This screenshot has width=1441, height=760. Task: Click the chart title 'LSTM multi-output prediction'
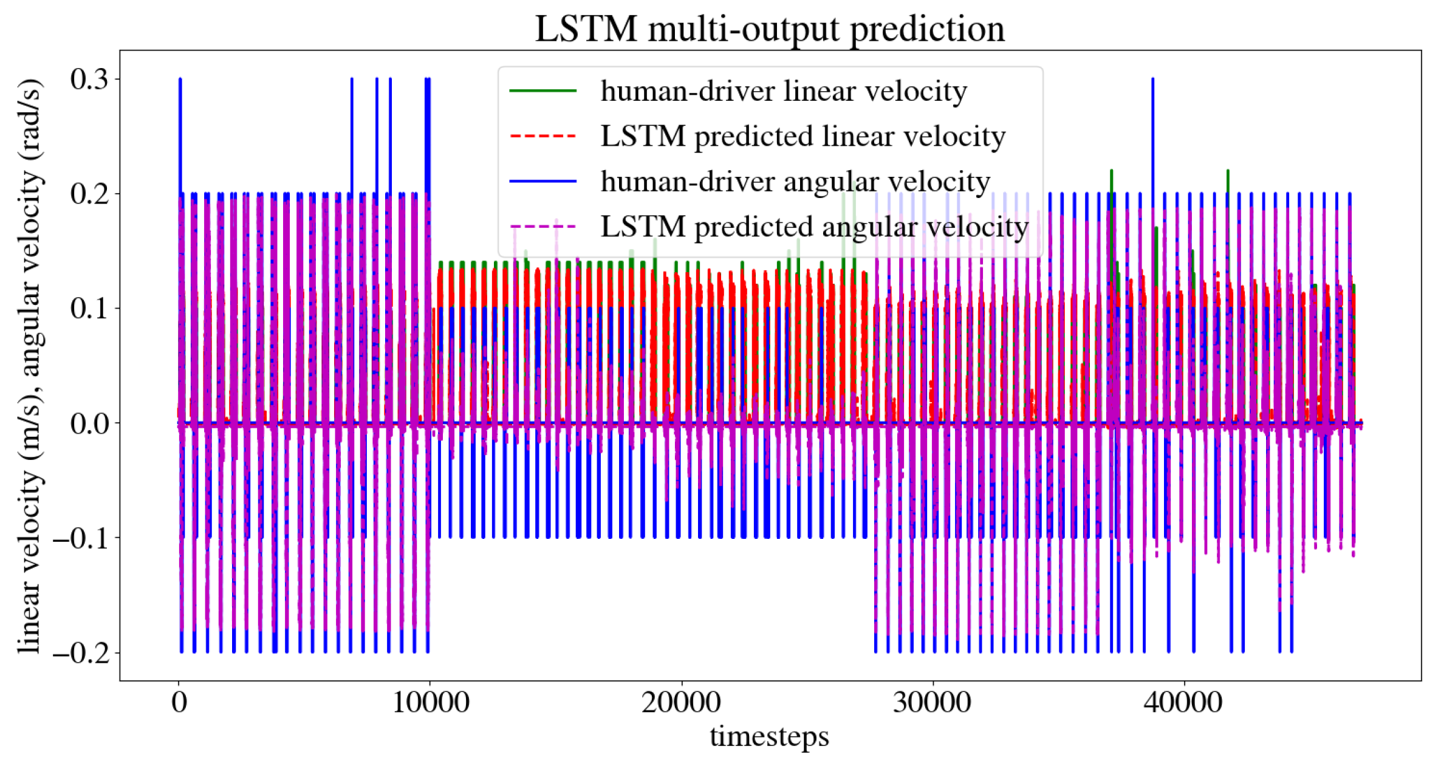pos(769,29)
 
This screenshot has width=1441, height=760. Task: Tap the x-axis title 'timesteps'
pos(769,736)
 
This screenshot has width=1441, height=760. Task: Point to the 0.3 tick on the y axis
pos(89,79)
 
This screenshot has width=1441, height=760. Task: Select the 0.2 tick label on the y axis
pos(89,194)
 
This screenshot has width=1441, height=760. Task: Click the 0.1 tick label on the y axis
pos(89,308)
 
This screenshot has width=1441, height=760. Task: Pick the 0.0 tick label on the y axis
pos(89,423)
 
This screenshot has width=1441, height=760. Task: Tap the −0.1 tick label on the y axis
pos(80,538)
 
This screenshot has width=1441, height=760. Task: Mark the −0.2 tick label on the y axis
pos(80,652)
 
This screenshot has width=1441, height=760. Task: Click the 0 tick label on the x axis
pos(179,702)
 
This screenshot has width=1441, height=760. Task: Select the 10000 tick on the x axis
pos(430,702)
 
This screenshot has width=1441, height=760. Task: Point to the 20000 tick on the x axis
pos(681,702)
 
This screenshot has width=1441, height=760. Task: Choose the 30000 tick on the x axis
pos(932,702)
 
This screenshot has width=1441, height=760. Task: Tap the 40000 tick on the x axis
pos(1183,702)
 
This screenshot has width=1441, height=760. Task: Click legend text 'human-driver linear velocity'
pos(784,91)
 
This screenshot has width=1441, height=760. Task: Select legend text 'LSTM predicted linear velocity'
pos(803,136)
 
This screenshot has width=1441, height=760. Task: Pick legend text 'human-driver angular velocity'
pos(795,182)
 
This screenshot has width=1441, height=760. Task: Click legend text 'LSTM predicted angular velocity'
pos(815,227)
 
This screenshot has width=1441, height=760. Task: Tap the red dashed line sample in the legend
pos(543,136)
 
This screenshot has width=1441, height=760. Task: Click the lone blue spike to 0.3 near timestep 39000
pos(1152,122)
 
